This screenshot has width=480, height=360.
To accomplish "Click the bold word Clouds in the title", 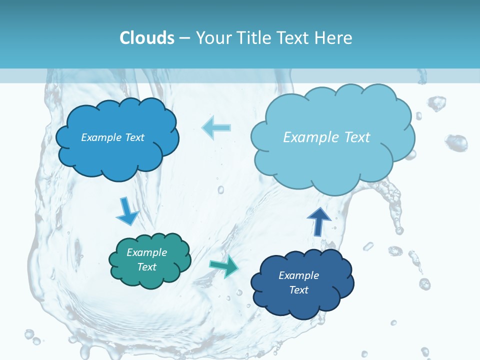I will [146, 38].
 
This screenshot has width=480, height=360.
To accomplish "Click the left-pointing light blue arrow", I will [216, 127].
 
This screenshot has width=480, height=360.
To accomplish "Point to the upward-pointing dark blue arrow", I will [319, 220].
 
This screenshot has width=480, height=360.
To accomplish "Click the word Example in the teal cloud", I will [146, 252].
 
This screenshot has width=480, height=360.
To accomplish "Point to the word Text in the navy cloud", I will [298, 290].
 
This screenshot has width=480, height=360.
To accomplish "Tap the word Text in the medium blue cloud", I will [134, 137].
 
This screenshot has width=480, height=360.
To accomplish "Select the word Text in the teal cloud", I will [146, 267].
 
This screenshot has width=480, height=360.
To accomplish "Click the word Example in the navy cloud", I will [298, 275].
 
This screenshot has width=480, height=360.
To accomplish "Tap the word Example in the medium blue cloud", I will [101, 137].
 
